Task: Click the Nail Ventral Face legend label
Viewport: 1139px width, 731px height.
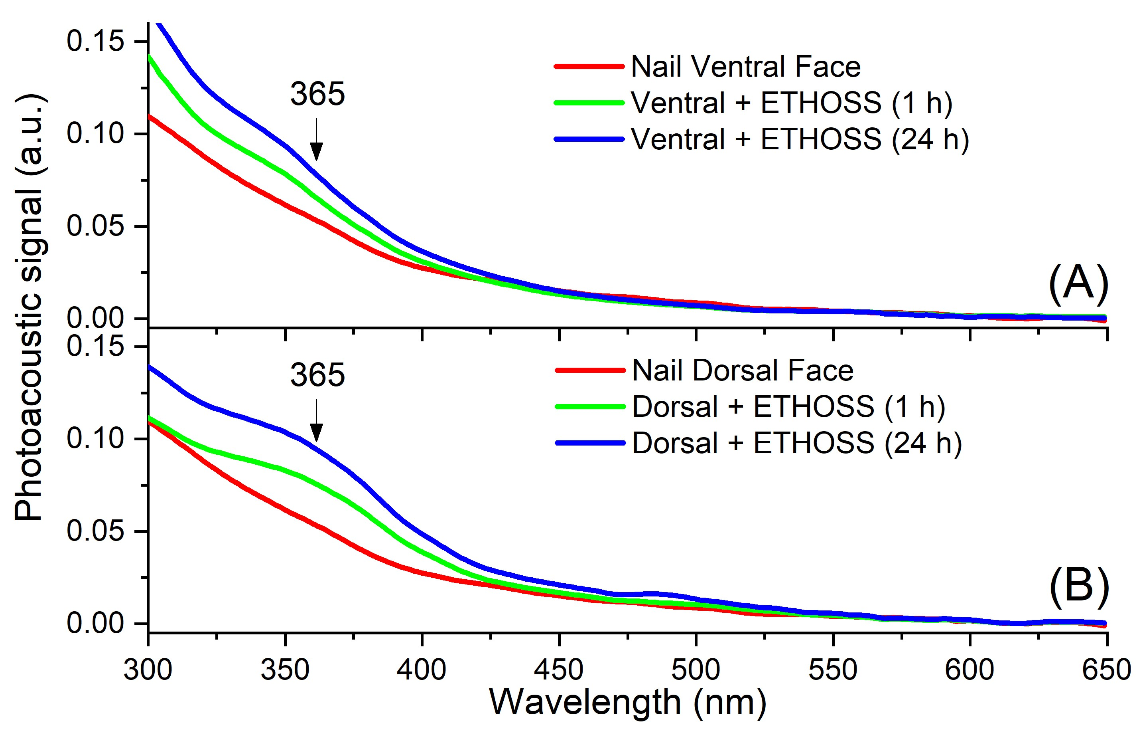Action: (745, 67)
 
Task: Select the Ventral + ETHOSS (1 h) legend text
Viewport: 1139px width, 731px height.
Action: (791, 103)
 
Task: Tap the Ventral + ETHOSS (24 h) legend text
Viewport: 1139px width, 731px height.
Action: (800, 140)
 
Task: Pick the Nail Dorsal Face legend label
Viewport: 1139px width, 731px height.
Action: (743, 371)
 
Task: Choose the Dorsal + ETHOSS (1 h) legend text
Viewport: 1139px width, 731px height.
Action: (788, 407)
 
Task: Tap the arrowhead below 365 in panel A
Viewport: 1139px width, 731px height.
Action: (317, 152)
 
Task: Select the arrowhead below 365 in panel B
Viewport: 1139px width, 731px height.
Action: (317, 432)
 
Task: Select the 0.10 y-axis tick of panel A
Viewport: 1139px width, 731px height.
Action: (89, 133)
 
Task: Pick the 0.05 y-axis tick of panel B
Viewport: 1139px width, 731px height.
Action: (89, 531)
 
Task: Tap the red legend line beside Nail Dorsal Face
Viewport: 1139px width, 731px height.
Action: (589, 370)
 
